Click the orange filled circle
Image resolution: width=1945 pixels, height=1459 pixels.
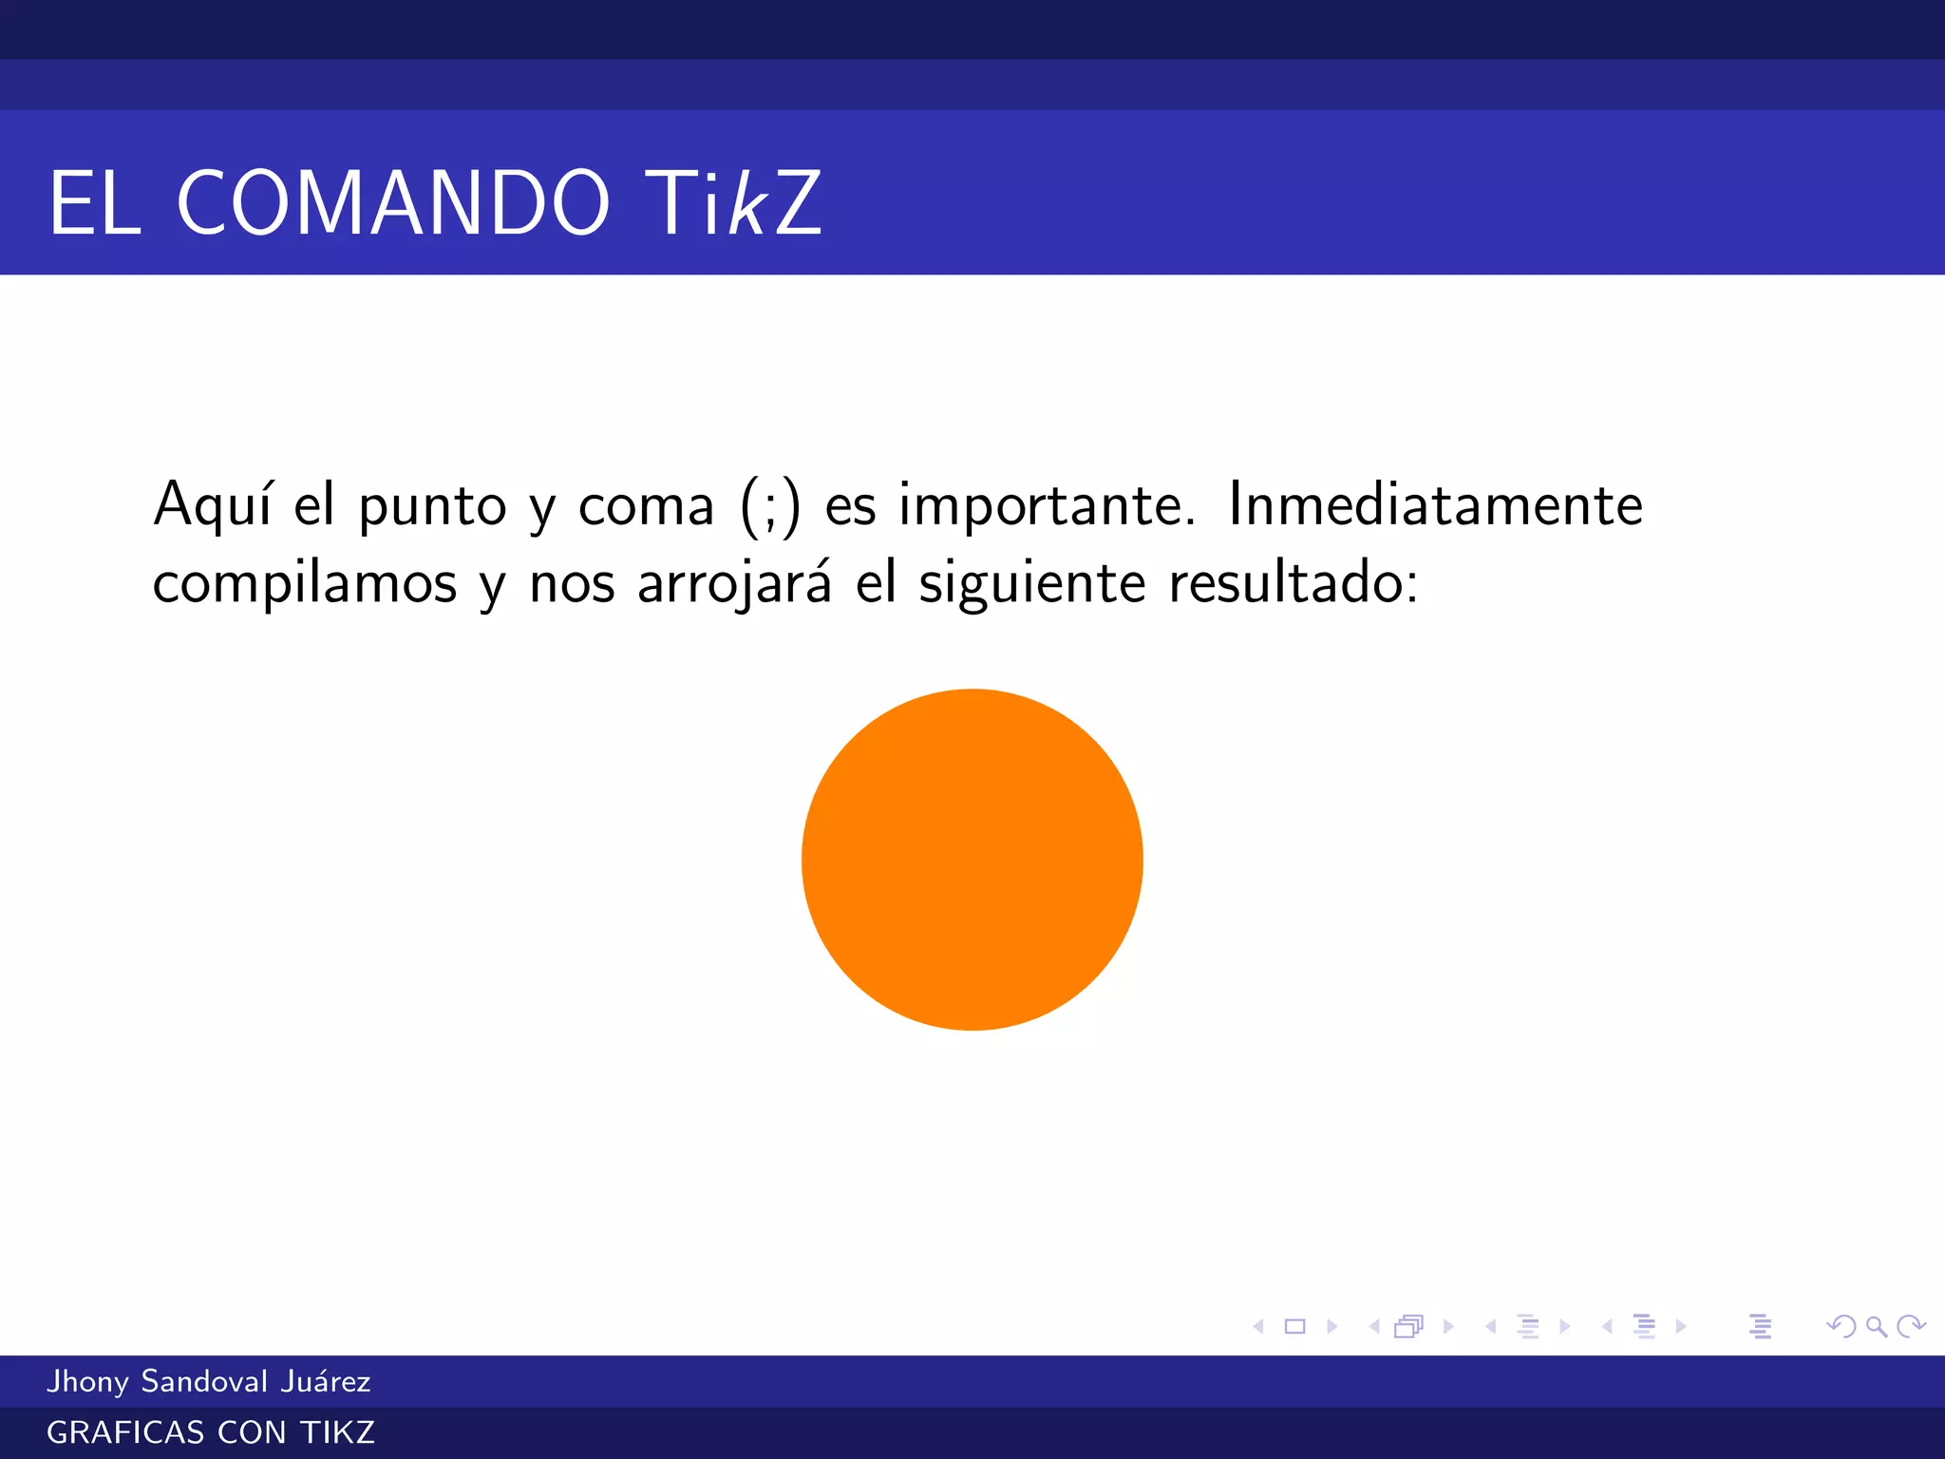point(972,860)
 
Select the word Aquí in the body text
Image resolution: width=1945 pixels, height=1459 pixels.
point(213,504)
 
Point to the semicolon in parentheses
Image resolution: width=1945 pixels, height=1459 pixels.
point(770,508)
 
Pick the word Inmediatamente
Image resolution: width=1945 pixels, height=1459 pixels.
point(1435,504)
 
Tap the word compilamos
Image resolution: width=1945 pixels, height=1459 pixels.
point(305,582)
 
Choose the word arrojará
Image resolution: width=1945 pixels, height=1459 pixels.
point(734,582)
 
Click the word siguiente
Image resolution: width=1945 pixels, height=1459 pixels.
point(1031,582)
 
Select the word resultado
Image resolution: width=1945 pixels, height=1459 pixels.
point(1293,582)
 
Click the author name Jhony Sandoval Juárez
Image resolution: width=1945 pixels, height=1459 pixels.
point(209,1381)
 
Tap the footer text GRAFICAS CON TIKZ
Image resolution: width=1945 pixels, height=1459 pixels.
point(211,1432)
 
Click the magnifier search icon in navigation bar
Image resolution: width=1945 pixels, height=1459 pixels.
point(1876,1326)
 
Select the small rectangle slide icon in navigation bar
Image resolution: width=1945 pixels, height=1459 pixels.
point(1294,1326)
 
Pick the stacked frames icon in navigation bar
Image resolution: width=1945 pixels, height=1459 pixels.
point(1409,1326)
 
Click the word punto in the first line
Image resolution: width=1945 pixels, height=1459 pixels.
point(432,506)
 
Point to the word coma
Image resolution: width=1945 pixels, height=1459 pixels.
point(646,506)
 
